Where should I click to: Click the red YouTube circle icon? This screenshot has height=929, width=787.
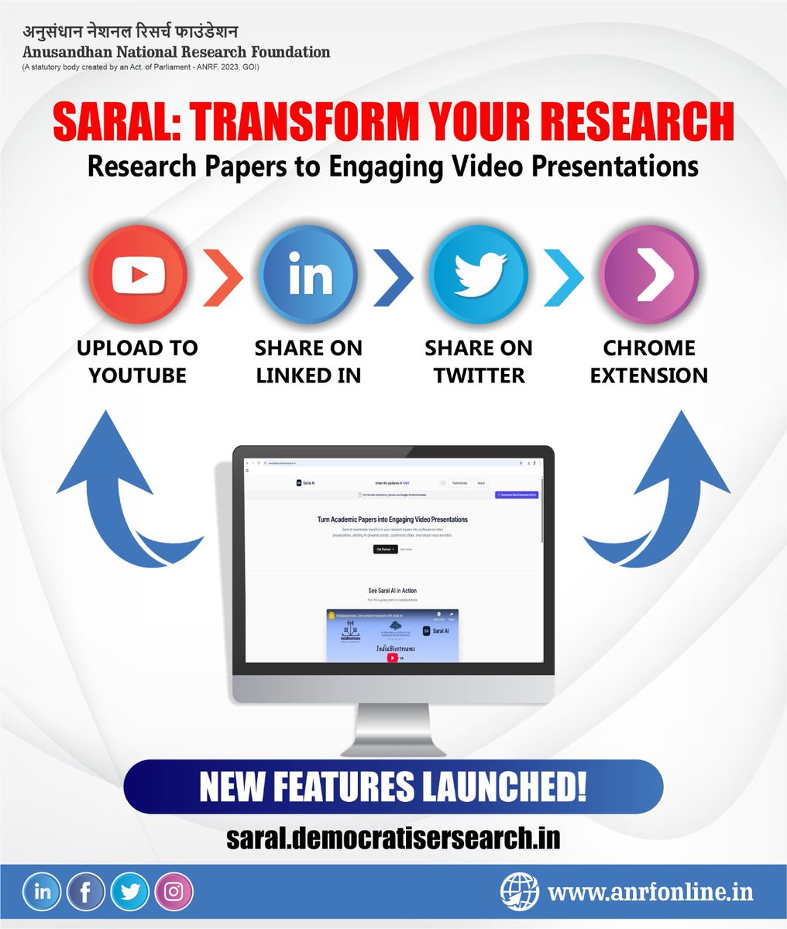(138, 274)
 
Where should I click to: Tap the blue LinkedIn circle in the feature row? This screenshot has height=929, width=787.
(309, 274)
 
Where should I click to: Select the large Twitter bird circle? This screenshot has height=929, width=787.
(479, 274)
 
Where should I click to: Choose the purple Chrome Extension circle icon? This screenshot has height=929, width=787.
(649, 274)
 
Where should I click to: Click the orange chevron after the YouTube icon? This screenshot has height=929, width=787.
(223, 274)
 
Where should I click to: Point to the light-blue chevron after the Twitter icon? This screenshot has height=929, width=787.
(564, 274)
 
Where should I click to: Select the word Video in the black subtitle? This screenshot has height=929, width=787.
(504, 166)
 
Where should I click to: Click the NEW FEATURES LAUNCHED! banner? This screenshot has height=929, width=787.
(393, 787)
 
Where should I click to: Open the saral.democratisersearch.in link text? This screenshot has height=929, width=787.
(393, 838)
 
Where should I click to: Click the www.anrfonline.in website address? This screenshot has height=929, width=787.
(650, 892)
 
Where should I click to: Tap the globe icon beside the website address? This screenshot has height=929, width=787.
(519, 892)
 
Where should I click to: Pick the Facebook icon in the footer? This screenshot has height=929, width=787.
(86, 892)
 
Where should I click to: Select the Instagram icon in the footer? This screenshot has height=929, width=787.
(174, 892)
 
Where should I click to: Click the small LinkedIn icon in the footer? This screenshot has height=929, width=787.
(43, 892)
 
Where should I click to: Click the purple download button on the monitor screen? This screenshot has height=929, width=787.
(516, 494)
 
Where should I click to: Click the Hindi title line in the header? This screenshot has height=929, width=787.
(130, 33)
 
